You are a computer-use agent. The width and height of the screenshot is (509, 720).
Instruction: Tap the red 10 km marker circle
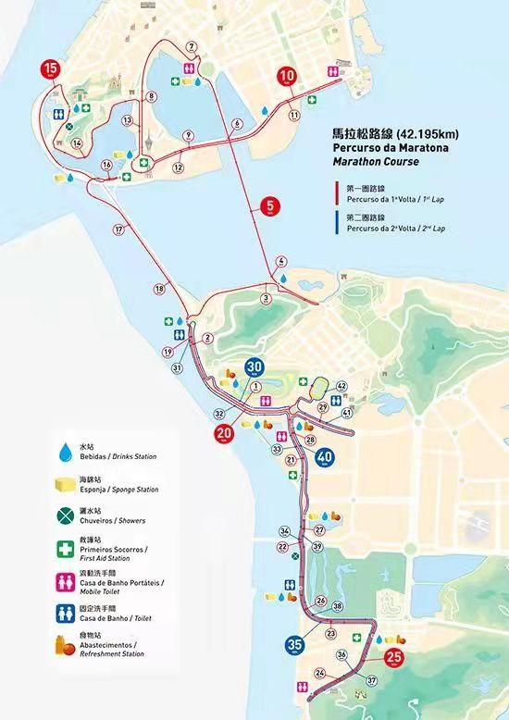(288, 76)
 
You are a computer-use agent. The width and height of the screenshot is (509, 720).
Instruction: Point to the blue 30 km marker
(254, 367)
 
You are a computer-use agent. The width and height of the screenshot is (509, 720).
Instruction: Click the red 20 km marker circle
(224, 432)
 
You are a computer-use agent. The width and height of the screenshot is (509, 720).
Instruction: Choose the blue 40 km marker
(324, 456)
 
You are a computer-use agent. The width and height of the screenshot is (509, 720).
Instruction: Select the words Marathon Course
(374, 162)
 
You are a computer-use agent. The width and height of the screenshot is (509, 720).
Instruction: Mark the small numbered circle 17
(118, 230)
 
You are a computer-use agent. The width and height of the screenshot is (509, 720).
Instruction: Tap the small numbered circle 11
(294, 116)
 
